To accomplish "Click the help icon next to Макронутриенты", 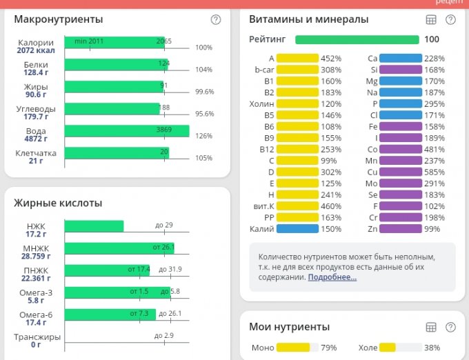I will coord(216,19).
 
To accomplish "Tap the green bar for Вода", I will coord(126,131).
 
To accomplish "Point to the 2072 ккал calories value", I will coord(36,50).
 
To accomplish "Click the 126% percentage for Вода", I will coord(204,136).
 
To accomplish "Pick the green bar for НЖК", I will coord(94,226).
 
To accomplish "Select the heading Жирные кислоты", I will coord(58,203).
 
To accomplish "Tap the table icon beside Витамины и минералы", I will coord(431,19).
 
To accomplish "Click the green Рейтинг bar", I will coord(357,39).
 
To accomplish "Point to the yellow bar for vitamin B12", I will coord(297,149).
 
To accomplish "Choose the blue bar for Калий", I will coord(297,229).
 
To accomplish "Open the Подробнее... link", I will coord(332,277).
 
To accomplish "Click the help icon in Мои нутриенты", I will coord(450,327).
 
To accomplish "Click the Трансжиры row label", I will coord(37,337).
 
